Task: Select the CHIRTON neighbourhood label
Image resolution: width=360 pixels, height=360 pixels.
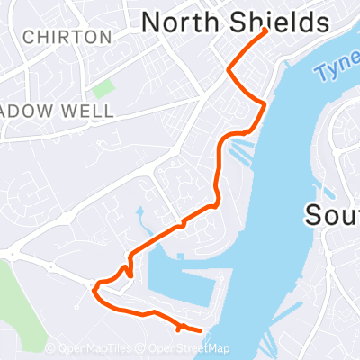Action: click(69, 38)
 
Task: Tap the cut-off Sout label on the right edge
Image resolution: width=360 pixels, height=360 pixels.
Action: click(333, 216)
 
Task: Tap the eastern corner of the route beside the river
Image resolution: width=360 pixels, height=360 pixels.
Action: click(264, 106)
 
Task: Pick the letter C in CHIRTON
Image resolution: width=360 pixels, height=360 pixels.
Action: click(31, 38)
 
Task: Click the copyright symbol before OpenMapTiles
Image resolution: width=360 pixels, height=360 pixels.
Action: click(50, 349)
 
